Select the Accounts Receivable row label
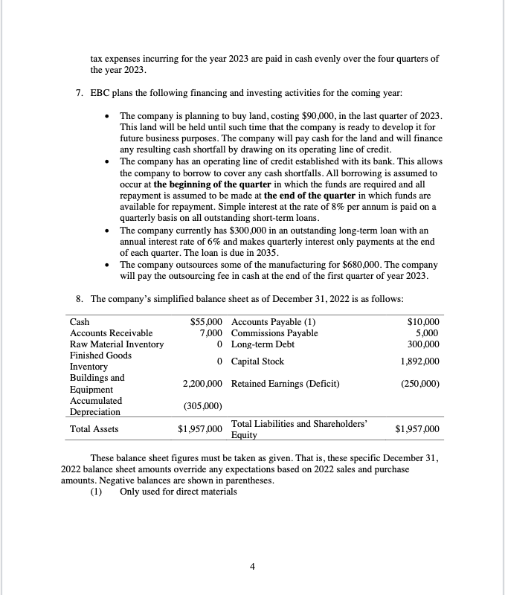point(111,332)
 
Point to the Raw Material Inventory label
point(116,344)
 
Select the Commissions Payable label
point(274,332)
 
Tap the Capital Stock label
point(263,361)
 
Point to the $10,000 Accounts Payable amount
point(424,321)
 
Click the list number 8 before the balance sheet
point(80,299)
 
